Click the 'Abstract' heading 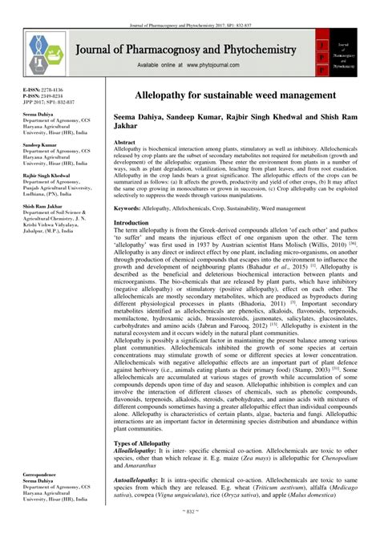(x=127, y=141)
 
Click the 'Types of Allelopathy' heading (x=145, y=443)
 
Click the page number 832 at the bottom (x=190, y=532)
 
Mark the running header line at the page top (x=190, y=6)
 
